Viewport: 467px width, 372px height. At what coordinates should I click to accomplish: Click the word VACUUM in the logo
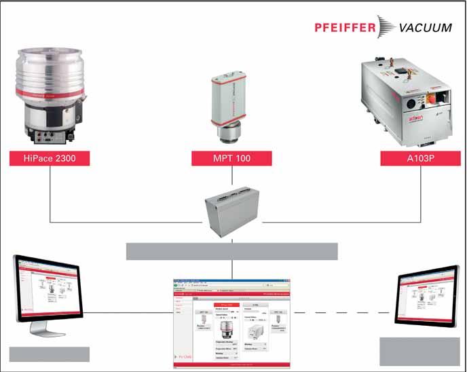click(424, 28)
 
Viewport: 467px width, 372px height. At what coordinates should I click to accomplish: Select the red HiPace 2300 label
click(50, 159)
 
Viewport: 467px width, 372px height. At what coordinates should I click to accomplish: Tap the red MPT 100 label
click(231, 159)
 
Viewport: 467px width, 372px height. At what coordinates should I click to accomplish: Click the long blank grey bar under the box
click(231, 251)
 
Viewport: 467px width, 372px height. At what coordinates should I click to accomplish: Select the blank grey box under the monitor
click(49, 354)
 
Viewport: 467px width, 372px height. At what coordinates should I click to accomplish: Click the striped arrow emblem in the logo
click(384, 27)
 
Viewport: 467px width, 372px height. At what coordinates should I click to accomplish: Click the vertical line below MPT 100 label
click(232, 178)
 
